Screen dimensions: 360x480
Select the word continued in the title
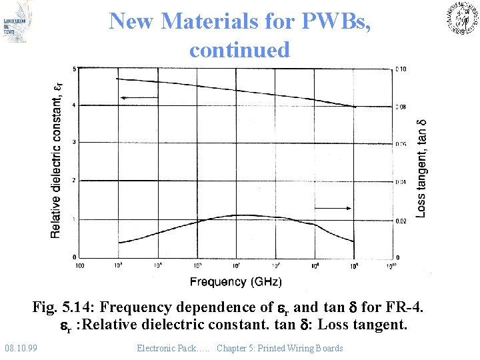pos(239,50)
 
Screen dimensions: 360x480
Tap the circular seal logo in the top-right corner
pos(462,18)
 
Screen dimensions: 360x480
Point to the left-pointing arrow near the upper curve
pos(139,98)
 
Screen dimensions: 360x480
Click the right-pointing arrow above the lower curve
pos(333,208)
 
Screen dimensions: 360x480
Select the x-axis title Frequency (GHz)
pos(235,281)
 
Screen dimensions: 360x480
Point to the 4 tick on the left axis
pos(73,105)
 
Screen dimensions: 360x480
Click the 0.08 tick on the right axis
pos(400,107)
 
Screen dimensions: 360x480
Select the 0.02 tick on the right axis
pos(400,221)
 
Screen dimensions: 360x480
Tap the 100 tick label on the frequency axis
pos(79,266)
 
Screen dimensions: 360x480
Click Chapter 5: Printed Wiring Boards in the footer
pos(280,348)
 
